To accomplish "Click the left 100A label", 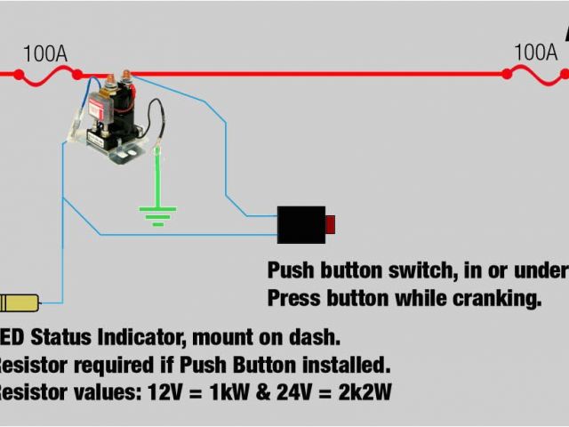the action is pos(44,53).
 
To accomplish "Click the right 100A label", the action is pos(536,52).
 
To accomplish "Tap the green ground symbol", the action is pos(157,213).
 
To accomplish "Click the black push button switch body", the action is pos(301,223).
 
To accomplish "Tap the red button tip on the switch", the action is pos(330,223).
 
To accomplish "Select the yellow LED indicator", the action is pos(19,302).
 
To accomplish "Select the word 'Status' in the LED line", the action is pos(62,338).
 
